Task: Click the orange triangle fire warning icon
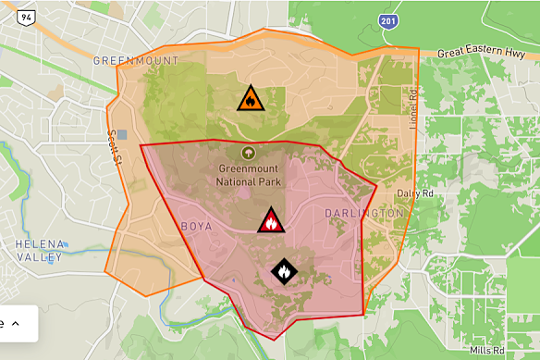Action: click(x=250, y=98)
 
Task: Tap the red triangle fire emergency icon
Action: click(x=271, y=220)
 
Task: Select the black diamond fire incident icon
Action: click(x=284, y=271)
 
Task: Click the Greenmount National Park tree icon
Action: click(x=248, y=153)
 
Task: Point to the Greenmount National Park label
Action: click(x=249, y=175)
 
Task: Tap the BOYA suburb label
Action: click(x=195, y=226)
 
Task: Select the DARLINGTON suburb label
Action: click(x=364, y=213)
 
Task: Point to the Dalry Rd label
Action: click(x=414, y=193)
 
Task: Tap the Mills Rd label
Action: click(x=487, y=351)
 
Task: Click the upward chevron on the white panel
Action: click(x=16, y=324)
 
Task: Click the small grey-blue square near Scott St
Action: click(x=122, y=135)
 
